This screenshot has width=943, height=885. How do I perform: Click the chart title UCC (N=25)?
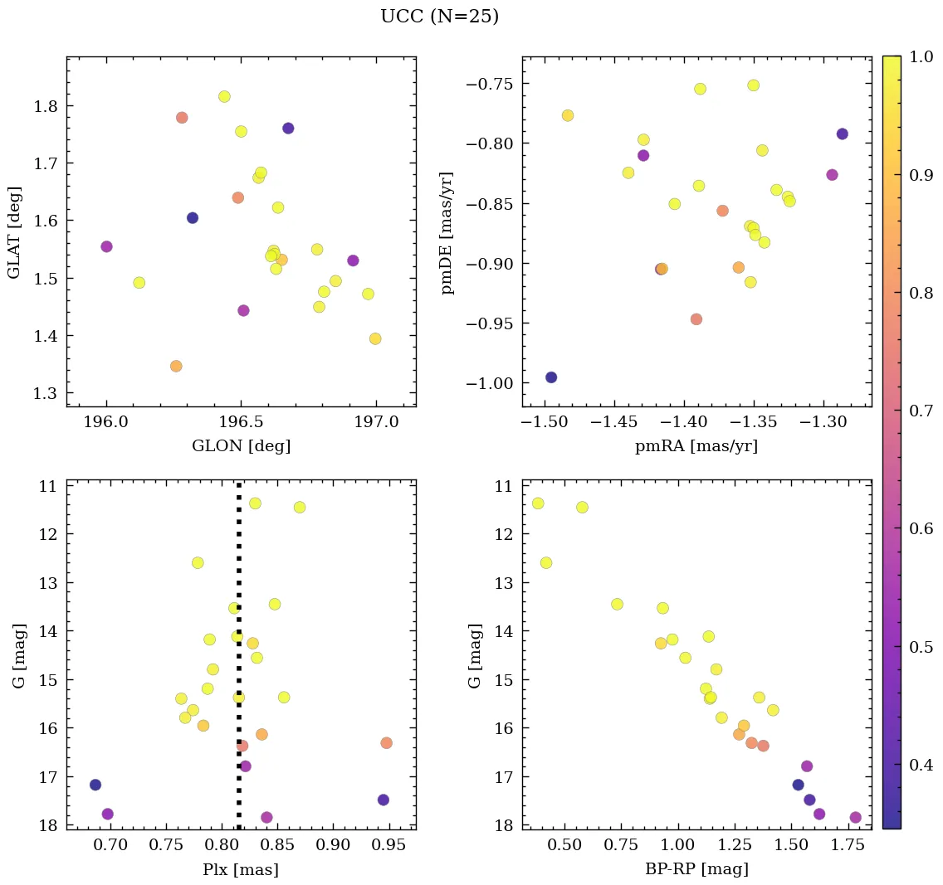[439, 17]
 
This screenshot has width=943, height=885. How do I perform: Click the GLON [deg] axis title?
[241, 445]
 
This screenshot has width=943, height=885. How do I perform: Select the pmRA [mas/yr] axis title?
[696, 445]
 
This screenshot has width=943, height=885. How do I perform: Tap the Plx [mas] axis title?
[241, 869]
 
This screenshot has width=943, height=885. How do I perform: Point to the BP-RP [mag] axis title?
[696, 869]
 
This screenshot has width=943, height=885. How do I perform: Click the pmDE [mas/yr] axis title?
[448, 232]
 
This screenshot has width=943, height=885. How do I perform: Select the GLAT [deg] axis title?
[14, 232]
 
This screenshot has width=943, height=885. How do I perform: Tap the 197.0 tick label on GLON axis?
[376, 421]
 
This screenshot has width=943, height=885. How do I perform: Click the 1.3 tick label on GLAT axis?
[46, 393]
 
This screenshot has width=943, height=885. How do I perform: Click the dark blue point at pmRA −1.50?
[550, 377]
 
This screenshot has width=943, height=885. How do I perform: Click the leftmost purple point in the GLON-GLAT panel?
[106, 246]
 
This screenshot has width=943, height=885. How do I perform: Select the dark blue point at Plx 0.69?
[95, 785]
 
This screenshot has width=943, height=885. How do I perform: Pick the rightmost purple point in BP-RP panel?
[855, 818]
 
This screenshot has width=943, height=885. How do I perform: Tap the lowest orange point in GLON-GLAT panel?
[176, 366]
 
